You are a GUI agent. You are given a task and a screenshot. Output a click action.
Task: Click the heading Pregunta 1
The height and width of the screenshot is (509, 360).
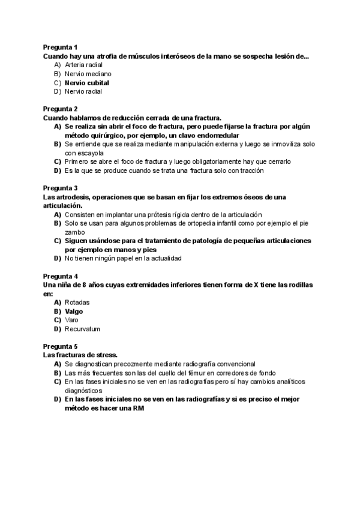coord(60,47)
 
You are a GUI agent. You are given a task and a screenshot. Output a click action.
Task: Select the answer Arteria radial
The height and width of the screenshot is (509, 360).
coord(83,64)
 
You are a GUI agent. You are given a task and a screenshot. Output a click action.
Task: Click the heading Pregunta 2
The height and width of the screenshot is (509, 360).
coord(60,109)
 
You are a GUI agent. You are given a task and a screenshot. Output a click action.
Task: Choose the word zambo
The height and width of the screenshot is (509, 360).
coord(75,232)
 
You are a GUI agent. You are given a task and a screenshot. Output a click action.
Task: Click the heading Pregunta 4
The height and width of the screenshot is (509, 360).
coord(60,276)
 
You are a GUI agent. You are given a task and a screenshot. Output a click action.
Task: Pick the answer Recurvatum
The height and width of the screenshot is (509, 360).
coord(82,329)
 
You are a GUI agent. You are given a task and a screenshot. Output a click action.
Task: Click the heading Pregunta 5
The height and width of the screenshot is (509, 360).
coord(60,346)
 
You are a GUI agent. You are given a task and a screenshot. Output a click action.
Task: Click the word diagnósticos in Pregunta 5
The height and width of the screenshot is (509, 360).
coord(85,390)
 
